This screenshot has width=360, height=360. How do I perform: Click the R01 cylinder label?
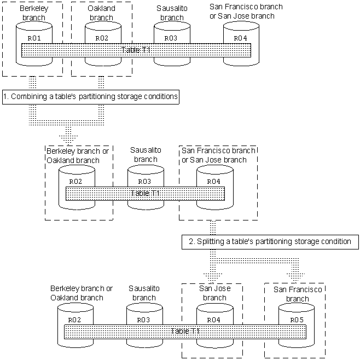(33, 38)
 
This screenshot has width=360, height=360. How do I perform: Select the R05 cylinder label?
(296, 319)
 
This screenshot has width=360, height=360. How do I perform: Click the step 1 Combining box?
(91, 96)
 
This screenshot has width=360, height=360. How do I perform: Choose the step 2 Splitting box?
(270, 241)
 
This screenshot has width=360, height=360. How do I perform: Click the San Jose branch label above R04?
(214, 293)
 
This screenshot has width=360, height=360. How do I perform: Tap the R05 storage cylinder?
(296, 339)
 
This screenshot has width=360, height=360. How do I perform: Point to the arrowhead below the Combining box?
(68, 135)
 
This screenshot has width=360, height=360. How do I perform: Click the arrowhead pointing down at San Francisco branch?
(296, 273)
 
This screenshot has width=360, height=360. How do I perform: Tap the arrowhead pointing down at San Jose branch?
(214, 273)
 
